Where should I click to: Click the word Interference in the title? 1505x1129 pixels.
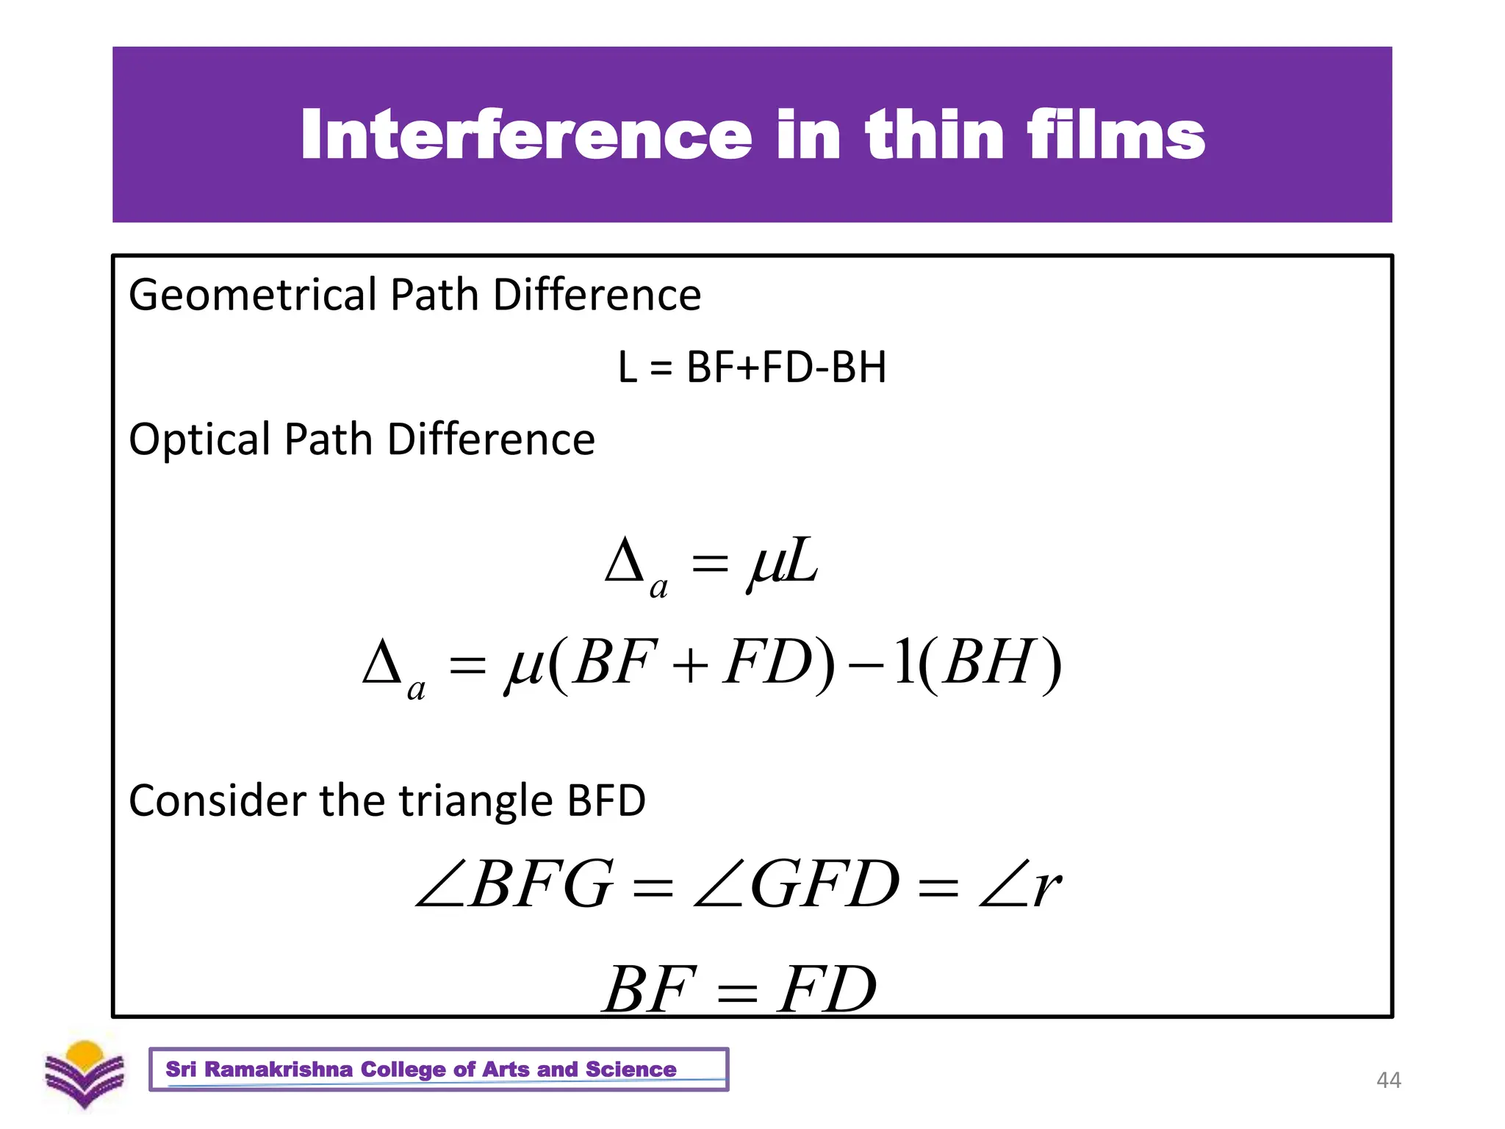click(x=526, y=135)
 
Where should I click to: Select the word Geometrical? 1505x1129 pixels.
click(x=253, y=295)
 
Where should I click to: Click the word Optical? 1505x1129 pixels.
click(x=200, y=440)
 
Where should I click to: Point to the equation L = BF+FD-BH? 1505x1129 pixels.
click(x=752, y=367)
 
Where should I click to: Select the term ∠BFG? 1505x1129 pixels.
click(x=514, y=884)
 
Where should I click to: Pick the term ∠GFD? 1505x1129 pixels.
click(x=797, y=884)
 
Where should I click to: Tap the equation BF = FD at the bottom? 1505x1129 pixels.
click(x=739, y=989)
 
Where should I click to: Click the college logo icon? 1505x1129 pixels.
click(x=85, y=1075)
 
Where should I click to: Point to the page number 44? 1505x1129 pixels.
click(x=1388, y=1080)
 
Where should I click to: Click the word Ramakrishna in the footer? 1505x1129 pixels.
click(x=279, y=1069)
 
